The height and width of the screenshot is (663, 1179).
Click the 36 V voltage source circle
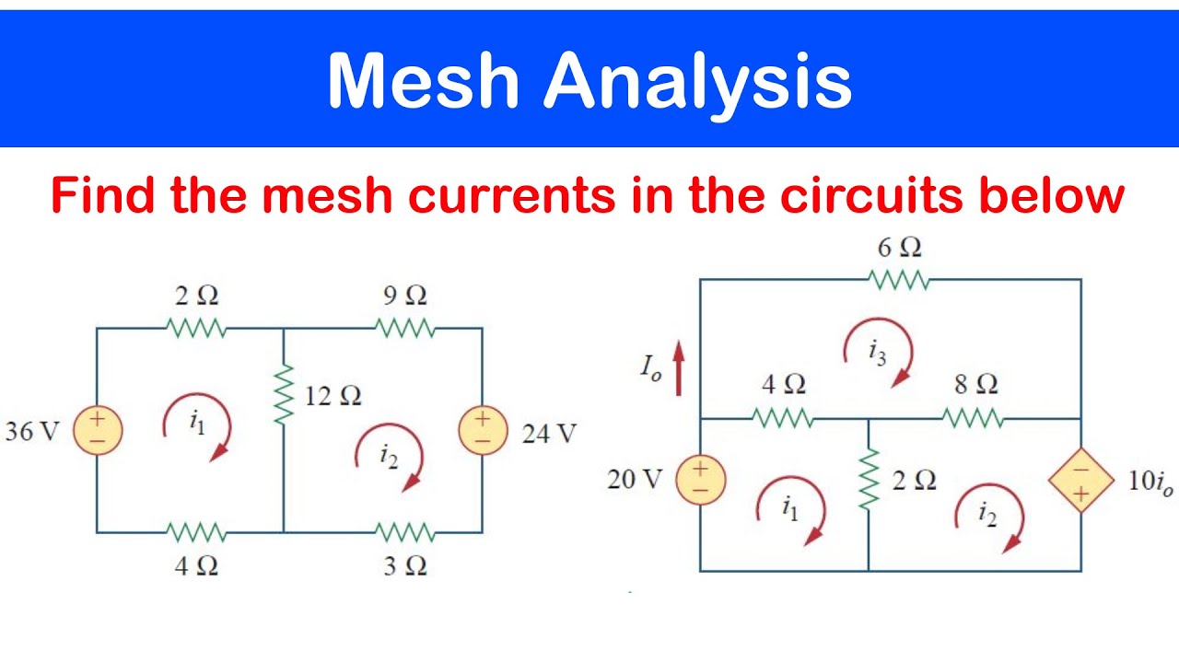pyautogui.click(x=98, y=430)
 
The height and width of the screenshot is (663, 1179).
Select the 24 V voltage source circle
pyautogui.click(x=484, y=430)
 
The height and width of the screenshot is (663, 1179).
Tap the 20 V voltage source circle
pyautogui.click(x=701, y=480)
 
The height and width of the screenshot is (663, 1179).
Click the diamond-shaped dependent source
pyautogui.click(x=1081, y=480)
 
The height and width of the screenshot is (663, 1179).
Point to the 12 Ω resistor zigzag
pyautogui.click(x=284, y=393)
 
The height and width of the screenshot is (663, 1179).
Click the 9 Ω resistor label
pyautogui.click(x=404, y=296)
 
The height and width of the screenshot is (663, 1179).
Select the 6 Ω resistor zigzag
pyautogui.click(x=899, y=280)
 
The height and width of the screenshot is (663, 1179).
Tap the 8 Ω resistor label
pyautogui.click(x=976, y=384)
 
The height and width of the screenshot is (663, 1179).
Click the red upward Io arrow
pyautogui.click(x=679, y=367)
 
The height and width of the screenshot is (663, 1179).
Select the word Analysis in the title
pyautogui.click(x=698, y=84)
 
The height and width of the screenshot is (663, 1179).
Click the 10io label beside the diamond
pyautogui.click(x=1150, y=482)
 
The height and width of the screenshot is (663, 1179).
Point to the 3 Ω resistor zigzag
pyautogui.click(x=404, y=532)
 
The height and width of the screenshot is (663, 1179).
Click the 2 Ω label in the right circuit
pyautogui.click(x=915, y=481)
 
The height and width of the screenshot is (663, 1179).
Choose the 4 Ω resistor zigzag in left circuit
pyautogui.click(x=196, y=532)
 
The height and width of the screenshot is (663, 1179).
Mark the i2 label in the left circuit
pyautogui.click(x=389, y=456)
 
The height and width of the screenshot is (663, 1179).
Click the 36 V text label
pyautogui.click(x=32, y=432)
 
